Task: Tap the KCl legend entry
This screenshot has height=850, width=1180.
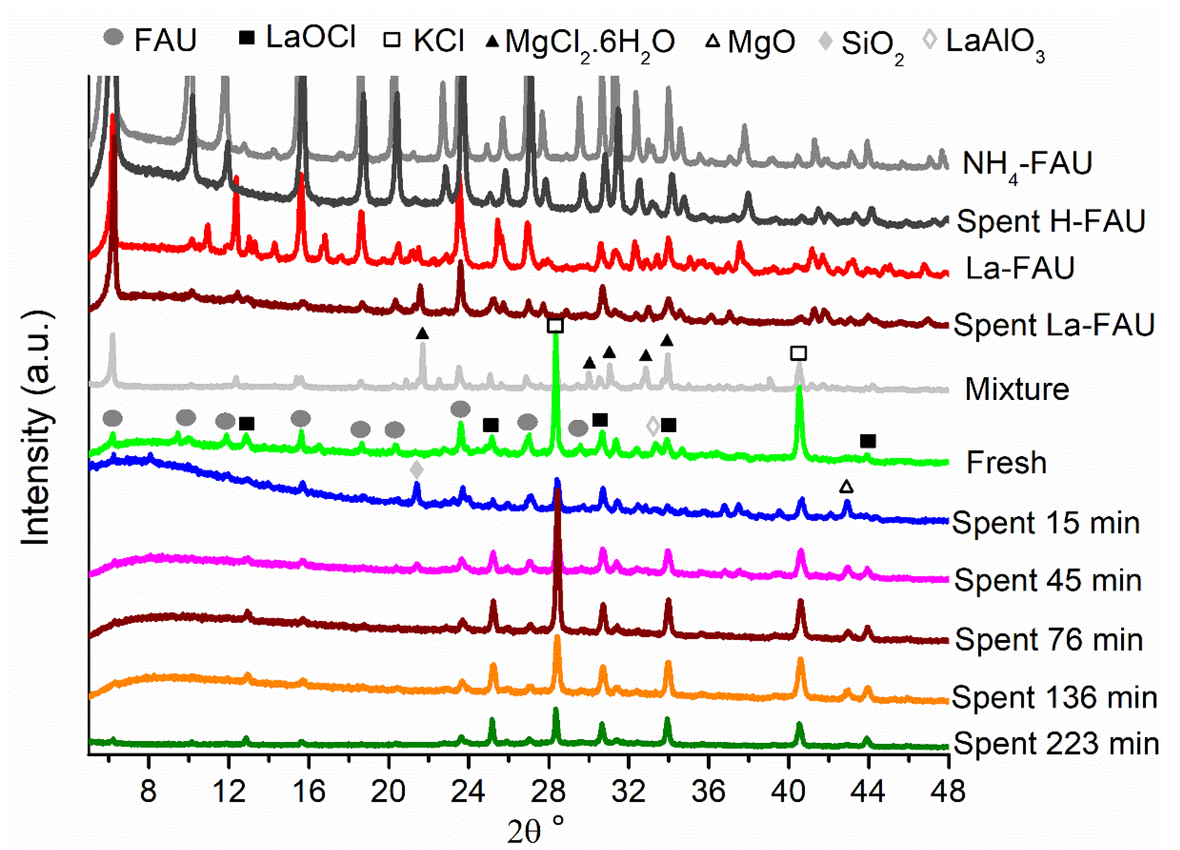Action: [424, 40]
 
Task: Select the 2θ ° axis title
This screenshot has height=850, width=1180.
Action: [536, 831]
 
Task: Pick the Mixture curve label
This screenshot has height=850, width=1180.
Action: [1016, 389]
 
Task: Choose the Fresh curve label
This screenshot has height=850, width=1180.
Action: [1006, 463]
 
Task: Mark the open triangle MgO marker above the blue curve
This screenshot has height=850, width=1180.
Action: [846, 487]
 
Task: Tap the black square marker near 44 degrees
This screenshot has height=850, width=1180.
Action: [867, 441]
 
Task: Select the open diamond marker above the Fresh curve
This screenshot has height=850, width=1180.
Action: [652, 426]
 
